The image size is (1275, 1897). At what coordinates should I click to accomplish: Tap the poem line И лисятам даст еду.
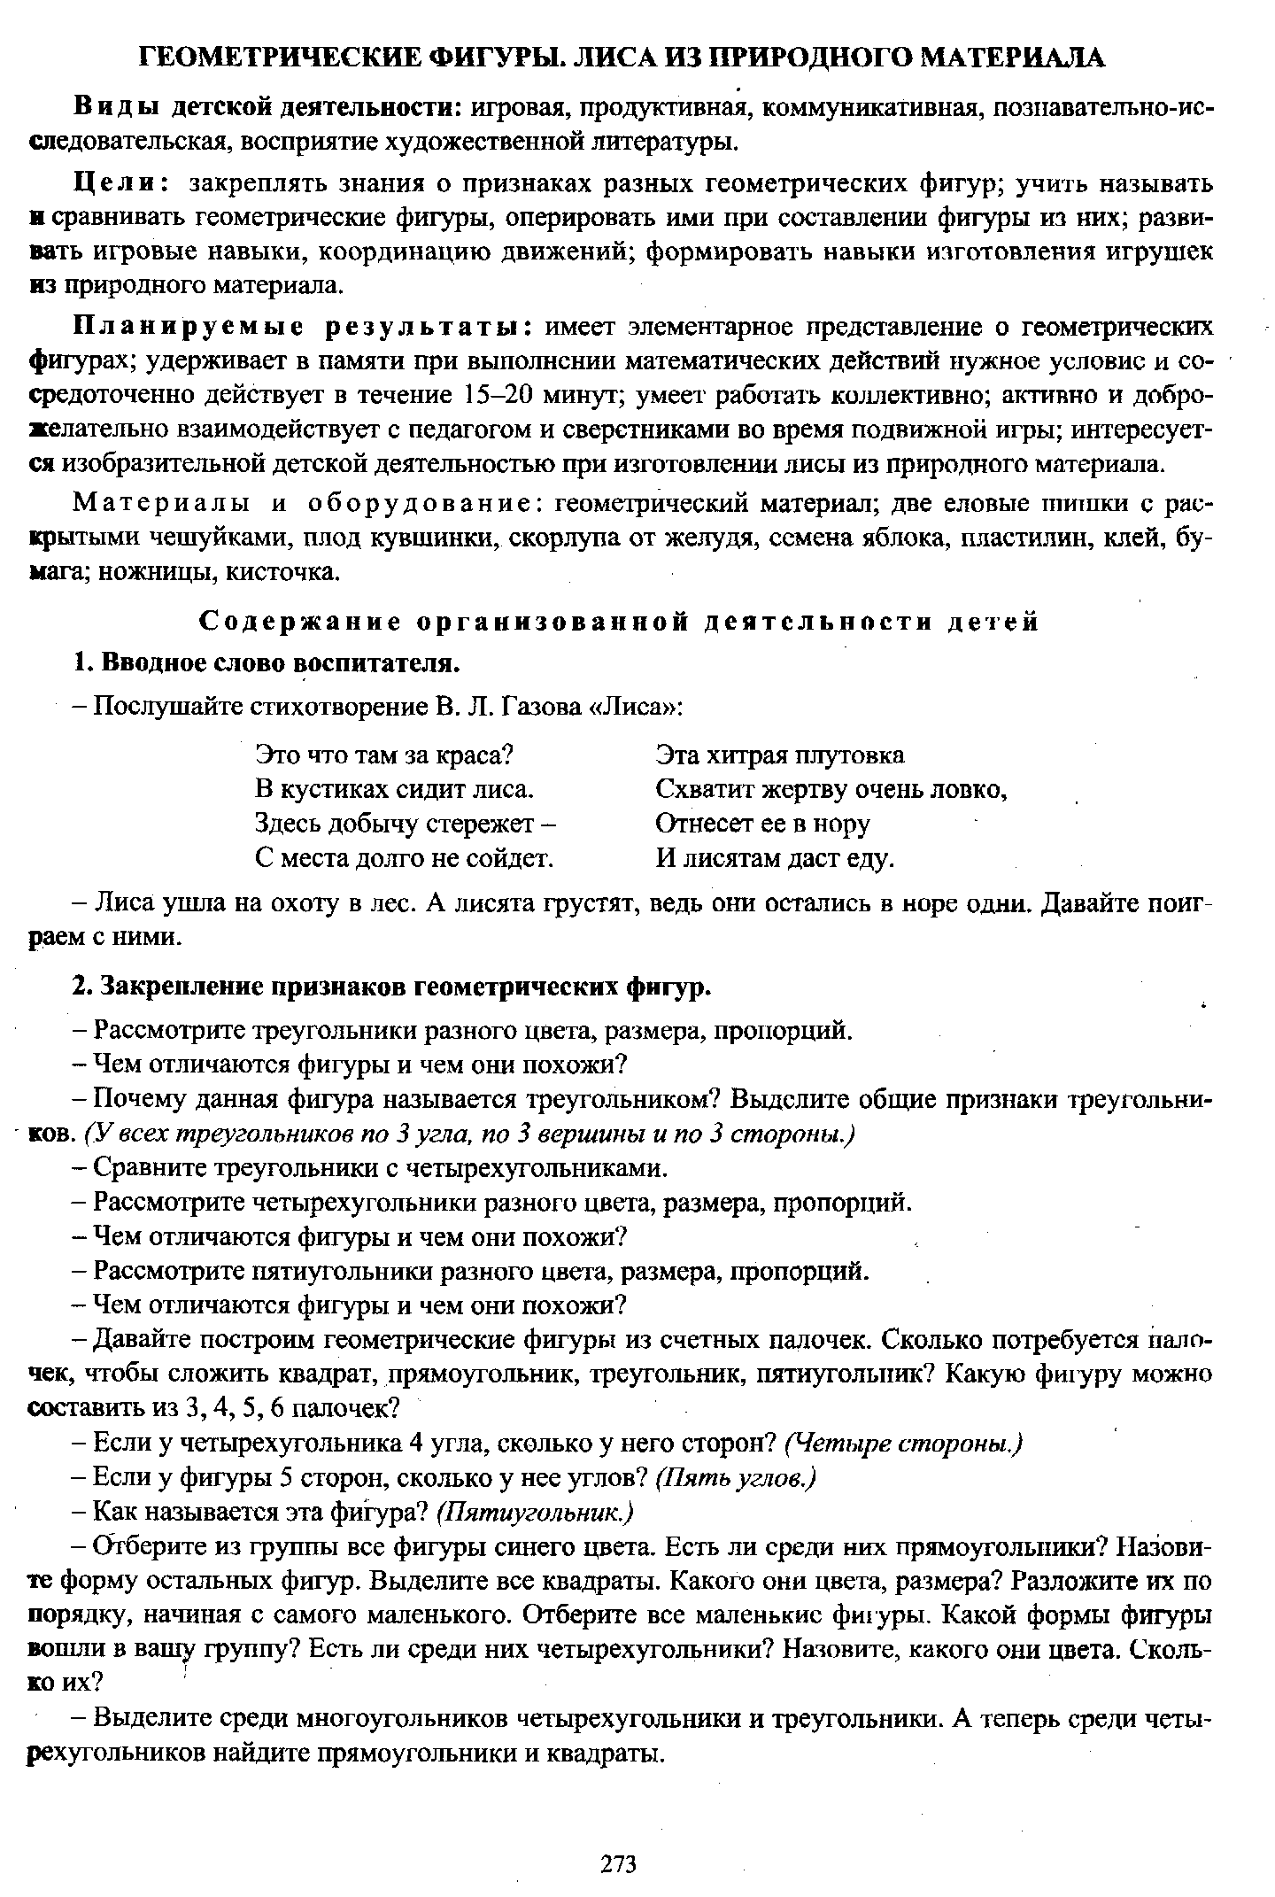coord(776,858)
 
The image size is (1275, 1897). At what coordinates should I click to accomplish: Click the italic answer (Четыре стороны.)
coord(903,1444)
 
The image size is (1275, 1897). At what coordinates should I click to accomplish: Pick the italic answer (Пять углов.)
coord(735,1478)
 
